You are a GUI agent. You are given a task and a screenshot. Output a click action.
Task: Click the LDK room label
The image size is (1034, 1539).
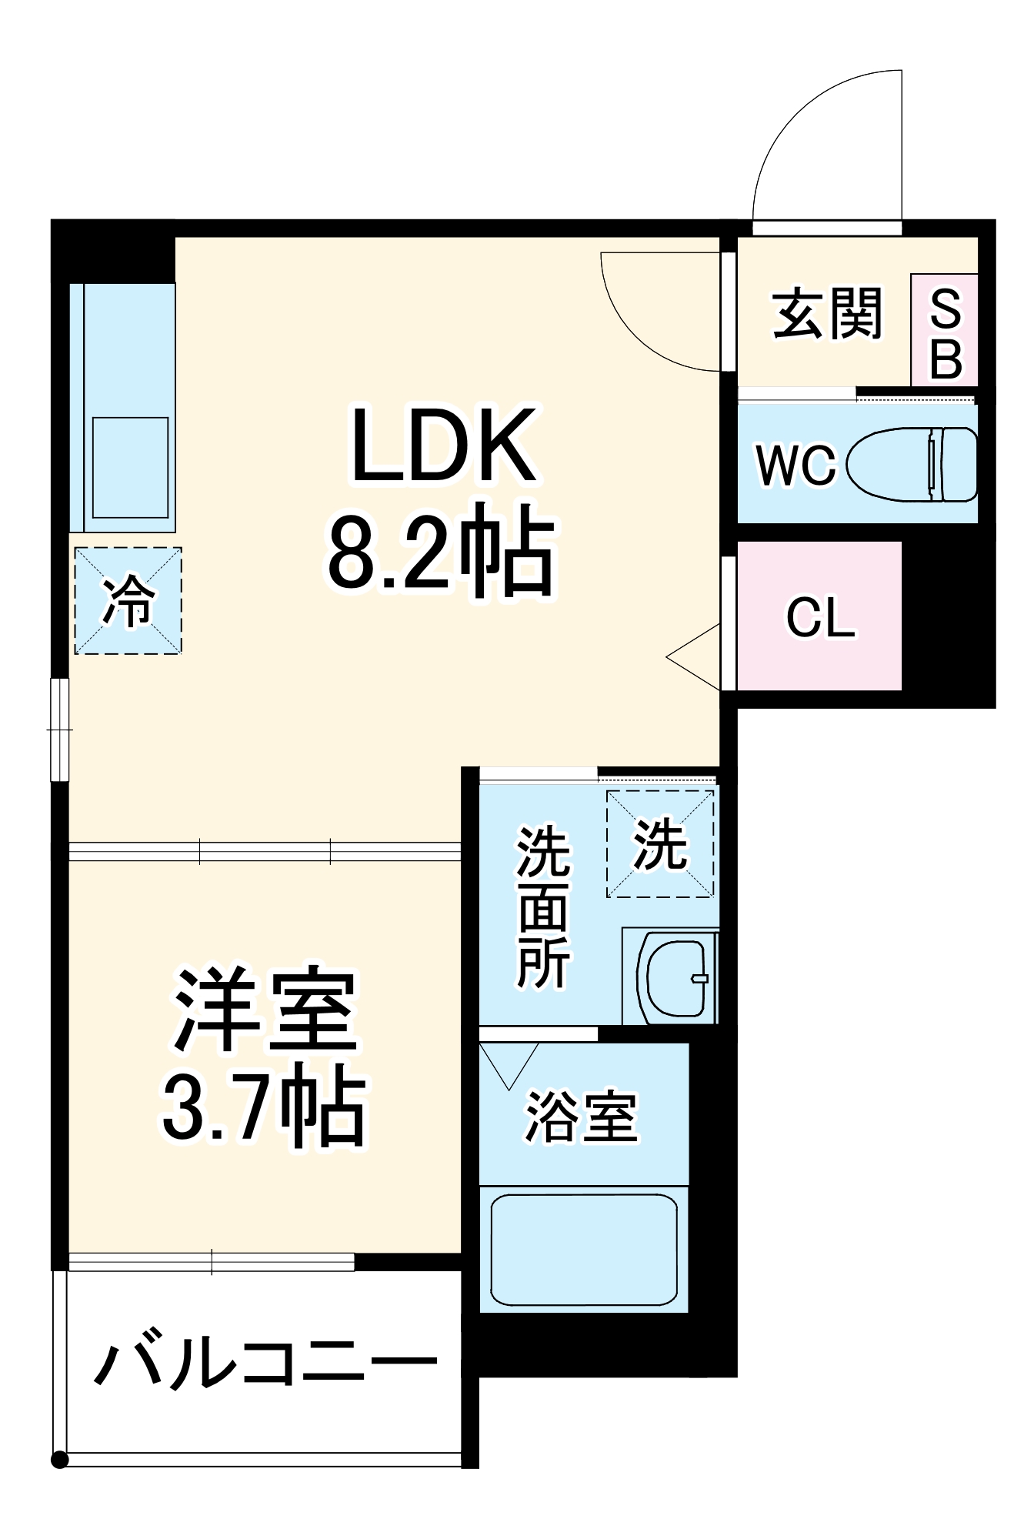tap(443, 446)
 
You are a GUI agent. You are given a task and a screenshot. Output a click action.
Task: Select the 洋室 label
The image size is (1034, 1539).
tap(266, 1010)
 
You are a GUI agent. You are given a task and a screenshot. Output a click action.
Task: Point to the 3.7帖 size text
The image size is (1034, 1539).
tap(263, 1108)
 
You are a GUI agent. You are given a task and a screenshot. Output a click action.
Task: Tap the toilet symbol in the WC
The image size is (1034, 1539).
tap(912, 464)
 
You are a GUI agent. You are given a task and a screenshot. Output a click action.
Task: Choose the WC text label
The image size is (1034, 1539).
tap(796, 465)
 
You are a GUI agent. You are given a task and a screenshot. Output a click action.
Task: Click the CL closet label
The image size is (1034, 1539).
tap(820, 617)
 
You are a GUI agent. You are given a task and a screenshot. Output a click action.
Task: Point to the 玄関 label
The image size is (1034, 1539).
tap(827, 313)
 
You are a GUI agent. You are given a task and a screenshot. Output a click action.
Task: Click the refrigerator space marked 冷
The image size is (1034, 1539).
tap(128, 601)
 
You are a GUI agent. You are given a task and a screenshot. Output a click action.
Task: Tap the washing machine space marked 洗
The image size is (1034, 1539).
tap(660, 844)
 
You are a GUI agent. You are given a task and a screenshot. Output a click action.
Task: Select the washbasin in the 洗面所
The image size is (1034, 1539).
tap(675, 977)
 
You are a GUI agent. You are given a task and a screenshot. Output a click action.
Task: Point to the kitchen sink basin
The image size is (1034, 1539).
tap(130, 468)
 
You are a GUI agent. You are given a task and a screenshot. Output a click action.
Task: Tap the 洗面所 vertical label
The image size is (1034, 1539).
tap(543, 908)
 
